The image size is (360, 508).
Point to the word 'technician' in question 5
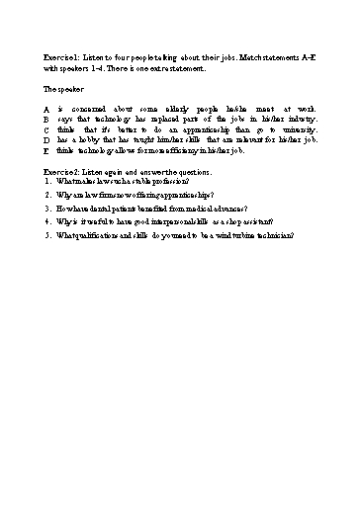coord(272,236)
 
